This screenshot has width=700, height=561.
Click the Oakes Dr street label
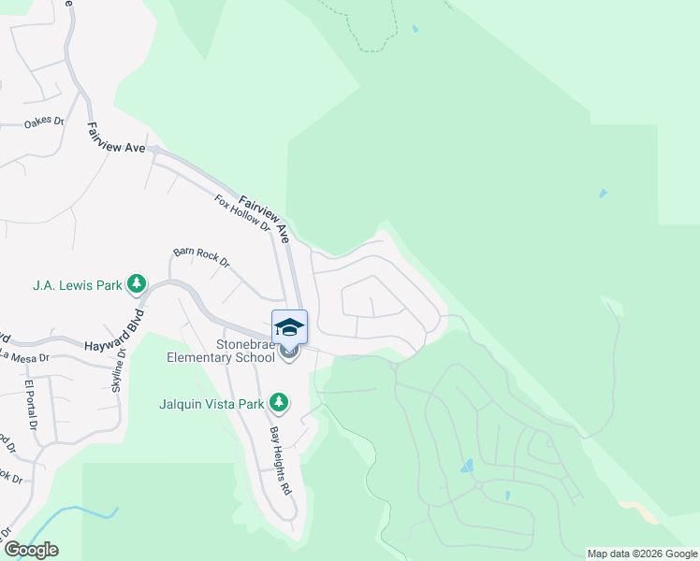[44, 122]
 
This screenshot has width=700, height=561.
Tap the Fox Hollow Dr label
[241, 213]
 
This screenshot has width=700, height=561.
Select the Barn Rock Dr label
[201, 257]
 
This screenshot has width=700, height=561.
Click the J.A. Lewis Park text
[78, 284]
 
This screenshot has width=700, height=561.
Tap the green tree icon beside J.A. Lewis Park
[137, 282]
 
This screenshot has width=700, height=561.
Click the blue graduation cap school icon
[289, 327]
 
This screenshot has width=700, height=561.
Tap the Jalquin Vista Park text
[212, 404]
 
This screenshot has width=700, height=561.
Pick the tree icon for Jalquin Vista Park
[278, 402]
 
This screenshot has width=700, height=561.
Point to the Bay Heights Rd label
[282, 448]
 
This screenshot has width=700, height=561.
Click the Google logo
[31, 550]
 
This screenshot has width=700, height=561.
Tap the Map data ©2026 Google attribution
[642, 554]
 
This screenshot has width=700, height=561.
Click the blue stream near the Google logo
[84, 511]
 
